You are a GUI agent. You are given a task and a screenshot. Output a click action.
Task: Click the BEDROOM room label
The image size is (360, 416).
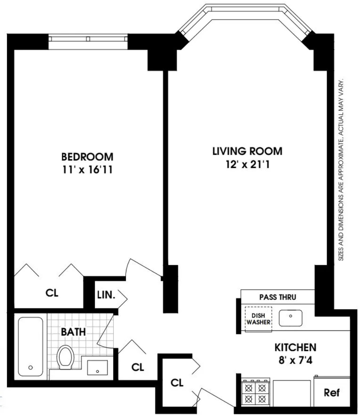pyautogui.click(x=87, y=157)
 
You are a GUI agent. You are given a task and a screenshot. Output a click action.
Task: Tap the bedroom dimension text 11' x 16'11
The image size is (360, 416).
pyautogui.click(x=87, y=170)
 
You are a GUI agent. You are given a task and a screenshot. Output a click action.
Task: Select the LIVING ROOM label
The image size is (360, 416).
pyautogui.click(x=247, y=151)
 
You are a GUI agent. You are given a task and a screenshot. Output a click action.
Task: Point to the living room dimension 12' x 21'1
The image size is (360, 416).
pyautogui.click(x=248, y=165)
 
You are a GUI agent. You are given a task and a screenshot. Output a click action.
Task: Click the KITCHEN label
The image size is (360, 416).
pyautogui.click(x=295, y=347)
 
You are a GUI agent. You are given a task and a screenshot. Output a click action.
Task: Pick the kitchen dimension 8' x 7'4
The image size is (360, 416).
pyautogui.click(x=295, y=360)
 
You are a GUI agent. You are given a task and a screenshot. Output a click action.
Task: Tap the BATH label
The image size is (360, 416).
pyautogui.click(x=73, y=332)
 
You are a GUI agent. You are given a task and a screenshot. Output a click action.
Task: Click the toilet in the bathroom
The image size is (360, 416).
pyautogui.click(x=65, y=357)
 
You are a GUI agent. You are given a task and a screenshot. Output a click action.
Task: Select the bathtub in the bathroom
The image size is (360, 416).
pyautogui.click(x=30, y=347)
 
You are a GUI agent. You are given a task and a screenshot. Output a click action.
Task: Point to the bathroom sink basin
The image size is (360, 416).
pyautogui.click(x=98, y=367)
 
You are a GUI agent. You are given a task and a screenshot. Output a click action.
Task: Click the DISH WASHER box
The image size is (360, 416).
pyautogui.click(x=258, y=319)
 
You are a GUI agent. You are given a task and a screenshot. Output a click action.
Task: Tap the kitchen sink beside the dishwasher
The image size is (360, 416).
pyautogui.click(x=291, y=318)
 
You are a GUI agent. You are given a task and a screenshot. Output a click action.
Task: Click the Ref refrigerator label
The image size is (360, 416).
pyautogui.click(x=332, y=393)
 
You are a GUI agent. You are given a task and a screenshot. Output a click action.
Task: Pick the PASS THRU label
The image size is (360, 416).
pyautogui.click(x=278, y=297)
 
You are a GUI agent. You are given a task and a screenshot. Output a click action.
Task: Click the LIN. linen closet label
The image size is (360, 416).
pyautogui.click(x=106, y=295)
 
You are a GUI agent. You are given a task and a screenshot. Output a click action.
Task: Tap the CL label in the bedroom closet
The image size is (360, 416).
pyautogui.click(x=52, y=293)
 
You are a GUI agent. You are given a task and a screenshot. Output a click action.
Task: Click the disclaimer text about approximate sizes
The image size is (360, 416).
pyautogui.click(x=341, y=169)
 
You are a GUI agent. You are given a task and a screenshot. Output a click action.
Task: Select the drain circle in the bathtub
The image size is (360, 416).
pyautogui.click(x=30, y=368)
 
